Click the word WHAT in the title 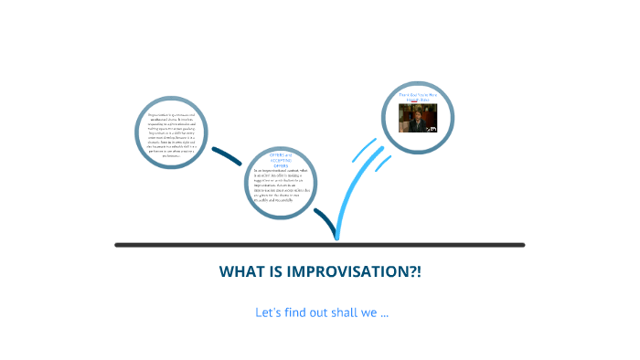point(240,272)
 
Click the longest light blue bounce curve point(348,196)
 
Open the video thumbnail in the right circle point(418,118)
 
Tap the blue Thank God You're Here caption point(418,96)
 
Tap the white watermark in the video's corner point(433,129)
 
